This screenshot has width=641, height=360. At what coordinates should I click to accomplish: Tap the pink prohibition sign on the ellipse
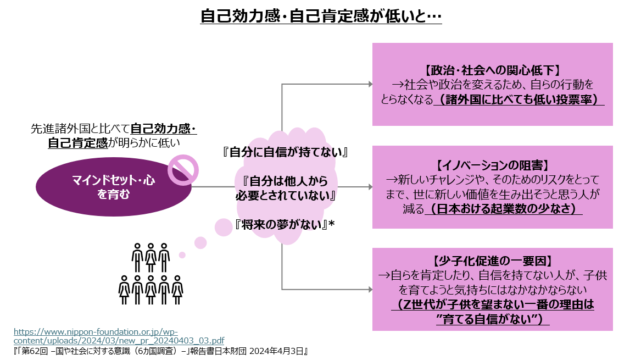(182, 169)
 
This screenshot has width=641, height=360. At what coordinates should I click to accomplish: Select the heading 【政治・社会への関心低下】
(492, 70)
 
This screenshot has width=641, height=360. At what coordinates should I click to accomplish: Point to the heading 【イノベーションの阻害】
(492, 165)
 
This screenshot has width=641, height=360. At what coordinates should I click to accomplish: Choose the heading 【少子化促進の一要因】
(492, 261)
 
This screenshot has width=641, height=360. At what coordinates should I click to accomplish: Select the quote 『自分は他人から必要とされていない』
(286, 188)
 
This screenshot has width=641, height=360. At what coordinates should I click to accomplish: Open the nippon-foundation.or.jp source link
(119, 336)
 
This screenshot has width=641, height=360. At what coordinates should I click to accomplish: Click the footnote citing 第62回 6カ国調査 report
(159, 350)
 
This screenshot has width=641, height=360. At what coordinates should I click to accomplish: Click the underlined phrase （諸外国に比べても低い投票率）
(519, 100)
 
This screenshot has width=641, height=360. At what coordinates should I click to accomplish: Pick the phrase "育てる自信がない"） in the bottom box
(493, 320)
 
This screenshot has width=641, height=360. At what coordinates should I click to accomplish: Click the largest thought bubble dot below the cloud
(224, 227)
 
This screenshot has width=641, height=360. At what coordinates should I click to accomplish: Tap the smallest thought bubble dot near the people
(182, 255)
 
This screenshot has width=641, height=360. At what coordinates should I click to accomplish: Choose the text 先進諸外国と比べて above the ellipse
(80, 130)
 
